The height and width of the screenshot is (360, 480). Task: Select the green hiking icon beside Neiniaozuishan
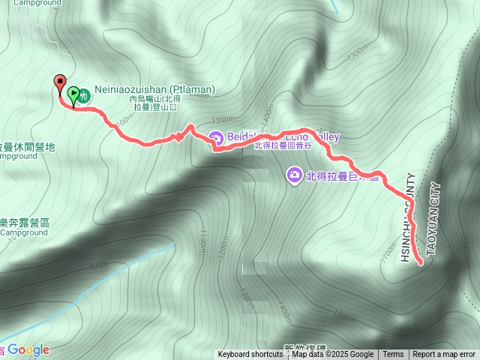click(x=85, y=95)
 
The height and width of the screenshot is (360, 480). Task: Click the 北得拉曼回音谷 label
click(x=282, y=146)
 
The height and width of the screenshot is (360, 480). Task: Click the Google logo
click(x=28, y=350)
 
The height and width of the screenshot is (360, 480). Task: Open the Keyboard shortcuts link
click(x=250, y=355)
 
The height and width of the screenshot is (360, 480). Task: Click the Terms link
click(x=393, y=355)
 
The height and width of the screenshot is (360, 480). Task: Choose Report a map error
click(x=444, y=355)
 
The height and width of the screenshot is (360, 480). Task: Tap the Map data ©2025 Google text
click(x=332, y=355)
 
